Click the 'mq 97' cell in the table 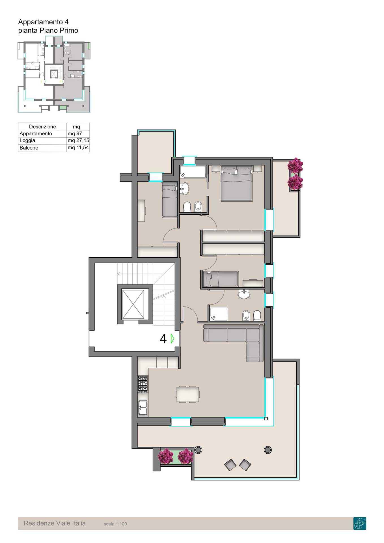click(x=75, y=133)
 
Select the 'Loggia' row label click(x=27, y=141)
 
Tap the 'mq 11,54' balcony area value click(x=78, y=148)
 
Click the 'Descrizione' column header click(x=42, y=127)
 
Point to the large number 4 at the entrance click(x=163, y=339)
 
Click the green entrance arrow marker click(x=172, y=339)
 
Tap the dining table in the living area click(x=187, y=394)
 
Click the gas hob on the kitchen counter click(x=143, y=384)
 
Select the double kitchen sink click(x=143, y=408)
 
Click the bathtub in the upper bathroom click(x=193, y=172)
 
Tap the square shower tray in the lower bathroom click(x=219, y=314)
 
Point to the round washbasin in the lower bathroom click(x=244, y=295)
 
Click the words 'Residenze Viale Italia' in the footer click(x=55, y=523)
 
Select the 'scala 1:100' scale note click(x=115, y=524)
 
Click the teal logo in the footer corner click(x=360, y=523)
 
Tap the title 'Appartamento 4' click(x=43, y=22)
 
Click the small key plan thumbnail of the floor click(x=54, y=77)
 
